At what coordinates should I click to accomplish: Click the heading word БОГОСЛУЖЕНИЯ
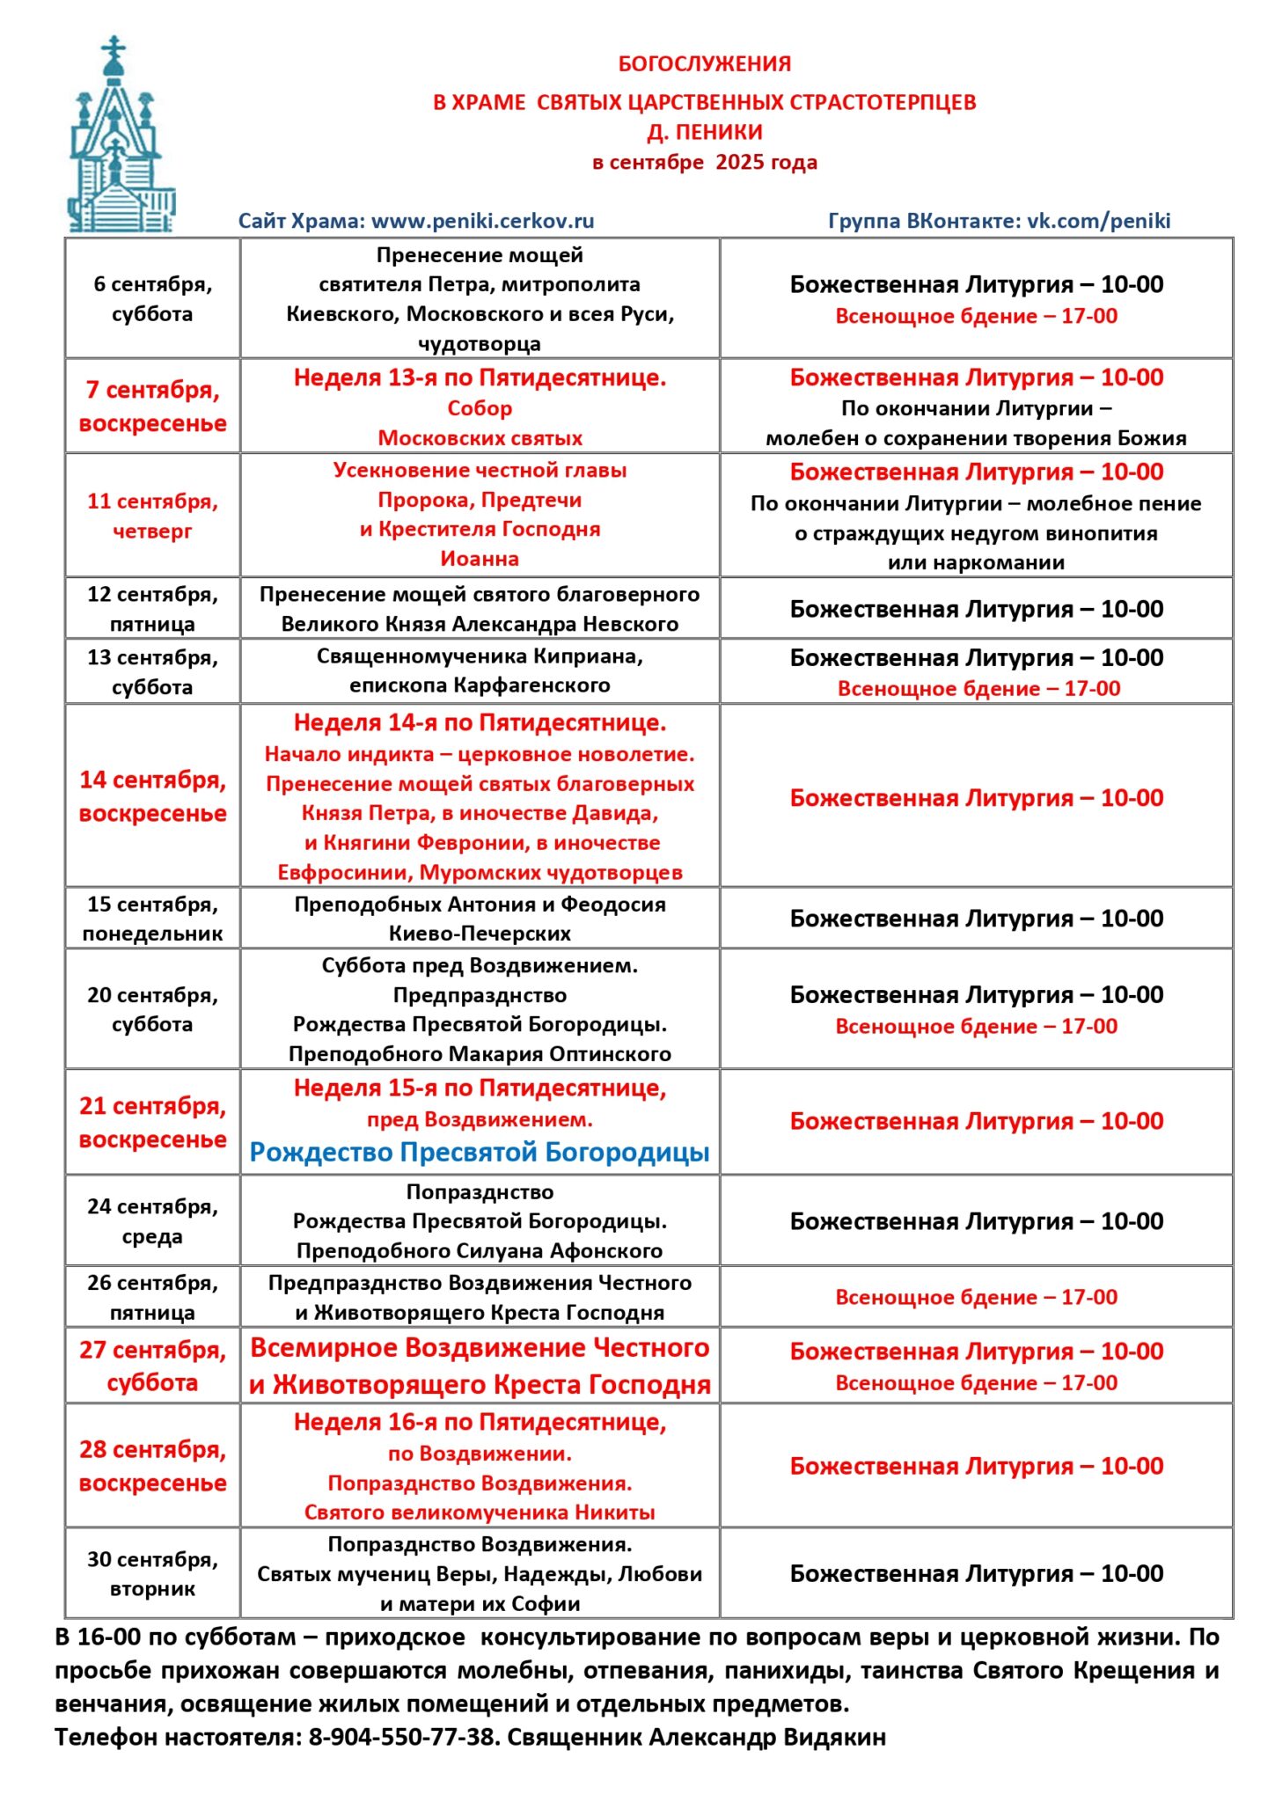pos(704,64)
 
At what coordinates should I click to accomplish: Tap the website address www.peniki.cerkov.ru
pos(482,221)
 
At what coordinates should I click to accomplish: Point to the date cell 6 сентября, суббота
pos(152,299)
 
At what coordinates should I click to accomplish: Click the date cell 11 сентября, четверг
pos(152,516)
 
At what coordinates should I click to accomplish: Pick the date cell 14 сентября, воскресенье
pos(152,796)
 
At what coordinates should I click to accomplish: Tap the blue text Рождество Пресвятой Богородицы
pos(480,1152)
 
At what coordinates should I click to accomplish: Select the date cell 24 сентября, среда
pos(152,1221)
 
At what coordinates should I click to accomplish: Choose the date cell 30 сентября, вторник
pos(152,1574)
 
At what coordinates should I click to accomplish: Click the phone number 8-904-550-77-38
pos(400,1738)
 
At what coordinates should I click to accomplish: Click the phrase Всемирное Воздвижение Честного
pos(480,1348)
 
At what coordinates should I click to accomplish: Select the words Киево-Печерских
pos(480,934)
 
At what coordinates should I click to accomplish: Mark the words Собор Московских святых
pos(480,423)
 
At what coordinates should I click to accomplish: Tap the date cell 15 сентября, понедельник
pos(152,919)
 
